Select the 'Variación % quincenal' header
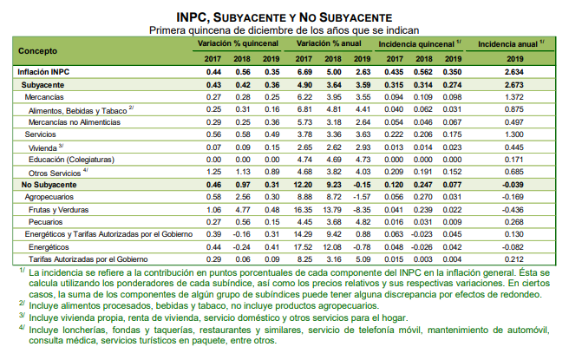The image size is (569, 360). pyautogui.click(x=236, y=43)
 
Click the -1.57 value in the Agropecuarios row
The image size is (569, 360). pyautogui.click(x=362, y=197)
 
